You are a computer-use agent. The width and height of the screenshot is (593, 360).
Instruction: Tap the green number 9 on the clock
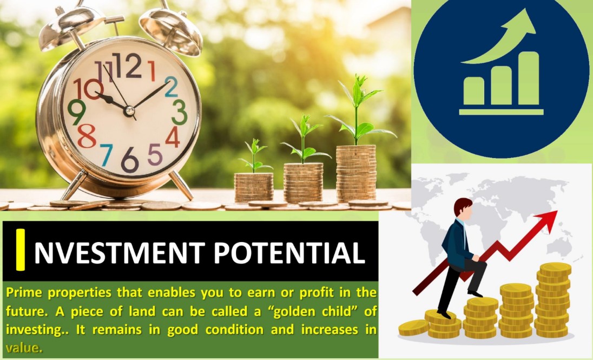click(x=77, y=112)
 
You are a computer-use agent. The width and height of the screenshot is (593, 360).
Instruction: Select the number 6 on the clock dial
click(x=130, y=160)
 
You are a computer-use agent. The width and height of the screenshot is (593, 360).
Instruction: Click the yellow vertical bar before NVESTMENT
click(x=21, y=250)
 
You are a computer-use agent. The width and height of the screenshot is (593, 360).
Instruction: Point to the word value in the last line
click(x=23, y=348)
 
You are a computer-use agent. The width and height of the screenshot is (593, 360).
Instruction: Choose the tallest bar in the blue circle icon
click(x=529, y=78)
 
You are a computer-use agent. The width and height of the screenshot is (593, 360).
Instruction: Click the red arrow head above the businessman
click(x=547, y=220)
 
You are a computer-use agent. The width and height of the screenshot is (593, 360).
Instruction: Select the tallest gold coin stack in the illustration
click(x=554, y=299)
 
